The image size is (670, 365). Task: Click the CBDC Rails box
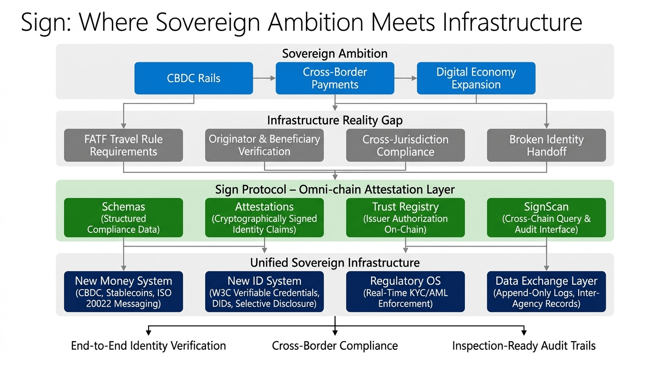point(194,78)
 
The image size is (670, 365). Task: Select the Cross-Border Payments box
point(335,78)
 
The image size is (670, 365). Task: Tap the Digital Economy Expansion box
point(476,78)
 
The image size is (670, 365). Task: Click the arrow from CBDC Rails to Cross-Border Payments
point(265,78)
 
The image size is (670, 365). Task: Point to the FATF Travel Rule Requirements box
point(124,145)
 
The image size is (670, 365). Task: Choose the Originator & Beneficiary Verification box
point(265,145)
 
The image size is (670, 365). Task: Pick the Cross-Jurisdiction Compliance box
point(405,145)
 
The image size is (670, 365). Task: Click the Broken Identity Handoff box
point(546,145)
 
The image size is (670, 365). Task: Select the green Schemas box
point(124,218)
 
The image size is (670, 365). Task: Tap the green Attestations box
point(265,218)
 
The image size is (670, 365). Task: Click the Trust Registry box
point(405,218)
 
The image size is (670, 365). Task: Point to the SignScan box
point(546,218)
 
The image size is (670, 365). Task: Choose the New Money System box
point(124,292)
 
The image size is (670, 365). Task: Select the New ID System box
point(265,292)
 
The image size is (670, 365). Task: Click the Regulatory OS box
point(405,292)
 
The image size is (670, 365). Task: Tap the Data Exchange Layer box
point(546,292)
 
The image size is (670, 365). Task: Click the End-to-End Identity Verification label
point(148,346)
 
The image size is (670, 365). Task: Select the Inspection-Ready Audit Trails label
point(524,346)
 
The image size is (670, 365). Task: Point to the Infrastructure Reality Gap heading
point(335,120)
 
